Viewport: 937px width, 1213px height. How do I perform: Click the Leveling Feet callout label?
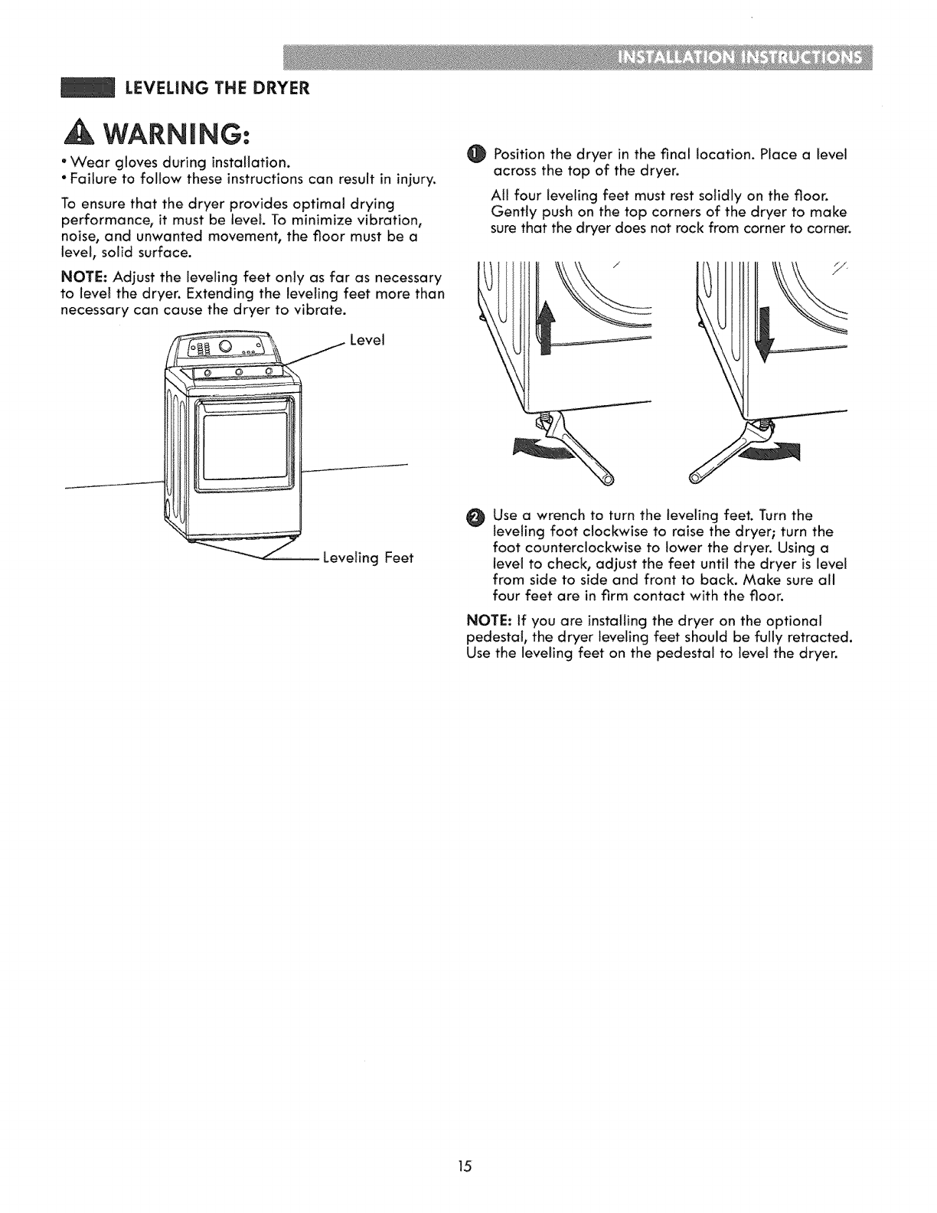tap(367, 557)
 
